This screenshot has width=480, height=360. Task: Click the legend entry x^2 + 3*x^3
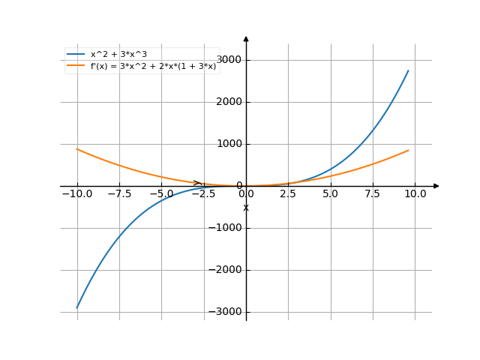pyautogui.click(x=123, y=55)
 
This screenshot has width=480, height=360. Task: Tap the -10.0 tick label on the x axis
pyautogui.click(x=77, y=193)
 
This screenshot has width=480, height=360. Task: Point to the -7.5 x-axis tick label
pyautogui.click(x=119, y=193)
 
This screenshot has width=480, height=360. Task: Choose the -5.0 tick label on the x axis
pyautogui.click(x=161, y=193)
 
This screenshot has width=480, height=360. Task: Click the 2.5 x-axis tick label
pyautogui.click(x=289, y=193)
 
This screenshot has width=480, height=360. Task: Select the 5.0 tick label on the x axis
pyautogui.click(x=331, y=193)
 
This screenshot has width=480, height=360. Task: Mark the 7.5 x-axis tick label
pyautogui.click(x=373, y=193)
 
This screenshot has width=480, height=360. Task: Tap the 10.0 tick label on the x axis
pyautogui.click(x=415, y=193)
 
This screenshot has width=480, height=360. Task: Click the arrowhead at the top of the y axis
pyautogui.click(x=246, y=38)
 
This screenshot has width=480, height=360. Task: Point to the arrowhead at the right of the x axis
pyautogui.click(x=436, y=186)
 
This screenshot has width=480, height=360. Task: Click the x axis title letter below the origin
pyautogui.click(x=246, y=207)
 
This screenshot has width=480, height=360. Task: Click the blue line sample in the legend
pyautogui.click(x=76, y=55)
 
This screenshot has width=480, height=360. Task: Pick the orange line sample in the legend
pyautogui.click(x=76, y=66)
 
